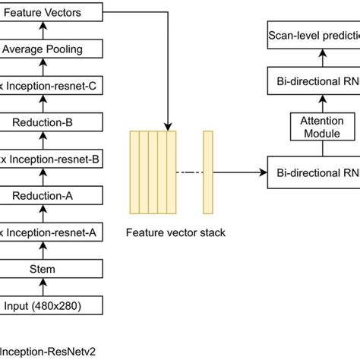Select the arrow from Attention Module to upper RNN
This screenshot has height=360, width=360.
pyautogui.click(x=323, y=102)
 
